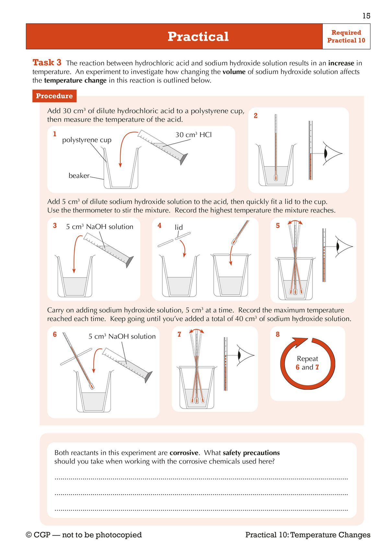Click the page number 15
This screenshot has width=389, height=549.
(366, 16)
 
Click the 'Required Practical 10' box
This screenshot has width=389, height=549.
(346, 37)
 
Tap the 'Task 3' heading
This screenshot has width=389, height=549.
(47, 62)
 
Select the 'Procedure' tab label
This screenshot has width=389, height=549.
(54, 96)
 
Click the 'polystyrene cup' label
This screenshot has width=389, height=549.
(87, 140)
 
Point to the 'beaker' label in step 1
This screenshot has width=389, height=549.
(79, 176)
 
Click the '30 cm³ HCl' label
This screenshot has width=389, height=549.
(194, 135)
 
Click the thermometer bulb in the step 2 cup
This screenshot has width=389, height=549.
(276, 178)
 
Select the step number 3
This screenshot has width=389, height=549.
(55, 225)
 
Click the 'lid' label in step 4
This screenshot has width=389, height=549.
(179, 227)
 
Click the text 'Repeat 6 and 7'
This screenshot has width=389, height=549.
(307, 363)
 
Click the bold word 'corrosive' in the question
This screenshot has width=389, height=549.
(184, 453)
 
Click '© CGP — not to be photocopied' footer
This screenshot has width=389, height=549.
(84, 535)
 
